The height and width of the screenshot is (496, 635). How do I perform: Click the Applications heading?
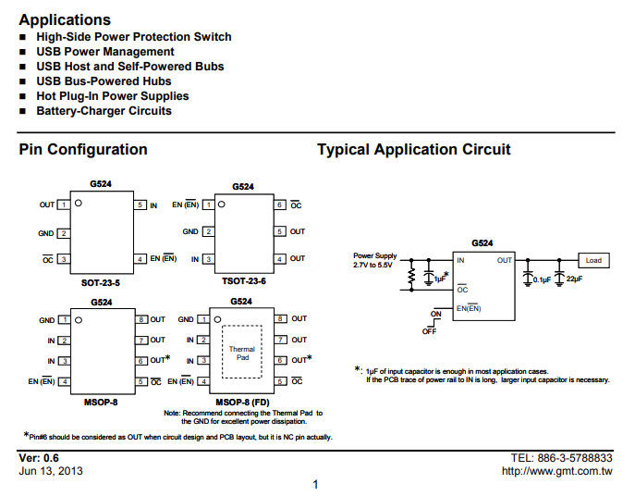point(65,19)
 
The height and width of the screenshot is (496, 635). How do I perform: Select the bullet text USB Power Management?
point(105,52)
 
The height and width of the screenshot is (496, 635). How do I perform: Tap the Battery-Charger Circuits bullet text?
point(104,111)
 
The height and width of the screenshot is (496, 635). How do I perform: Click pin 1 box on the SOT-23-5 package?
point(64,205)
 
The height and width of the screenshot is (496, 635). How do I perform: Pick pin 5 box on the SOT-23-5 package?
point(140,205)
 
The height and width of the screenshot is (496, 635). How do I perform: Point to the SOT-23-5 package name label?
point(101,282)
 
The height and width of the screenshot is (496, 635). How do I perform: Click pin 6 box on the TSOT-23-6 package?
point(280,205)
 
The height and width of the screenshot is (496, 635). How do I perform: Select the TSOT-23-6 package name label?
point(244,281)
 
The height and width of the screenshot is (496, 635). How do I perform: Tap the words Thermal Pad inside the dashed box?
point(242,353)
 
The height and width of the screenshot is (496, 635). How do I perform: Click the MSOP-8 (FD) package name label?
point(242,403)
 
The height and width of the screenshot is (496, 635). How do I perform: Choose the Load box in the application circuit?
point(593,260)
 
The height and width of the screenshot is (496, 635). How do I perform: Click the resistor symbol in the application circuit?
point(411,275)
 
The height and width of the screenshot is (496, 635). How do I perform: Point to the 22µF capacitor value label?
point(574,279)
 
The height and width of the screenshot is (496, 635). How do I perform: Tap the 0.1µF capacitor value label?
point(542,279)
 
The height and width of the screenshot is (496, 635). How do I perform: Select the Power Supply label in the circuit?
point(375,255)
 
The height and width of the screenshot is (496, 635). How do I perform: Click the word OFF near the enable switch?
point(429,331)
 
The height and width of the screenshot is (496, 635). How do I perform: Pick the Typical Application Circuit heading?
point(413,149)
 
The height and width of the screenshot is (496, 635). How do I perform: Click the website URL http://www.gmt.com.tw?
point(556,471)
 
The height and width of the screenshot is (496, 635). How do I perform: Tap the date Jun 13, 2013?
point(51,471)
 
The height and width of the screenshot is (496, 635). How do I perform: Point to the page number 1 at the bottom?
point(315,484)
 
